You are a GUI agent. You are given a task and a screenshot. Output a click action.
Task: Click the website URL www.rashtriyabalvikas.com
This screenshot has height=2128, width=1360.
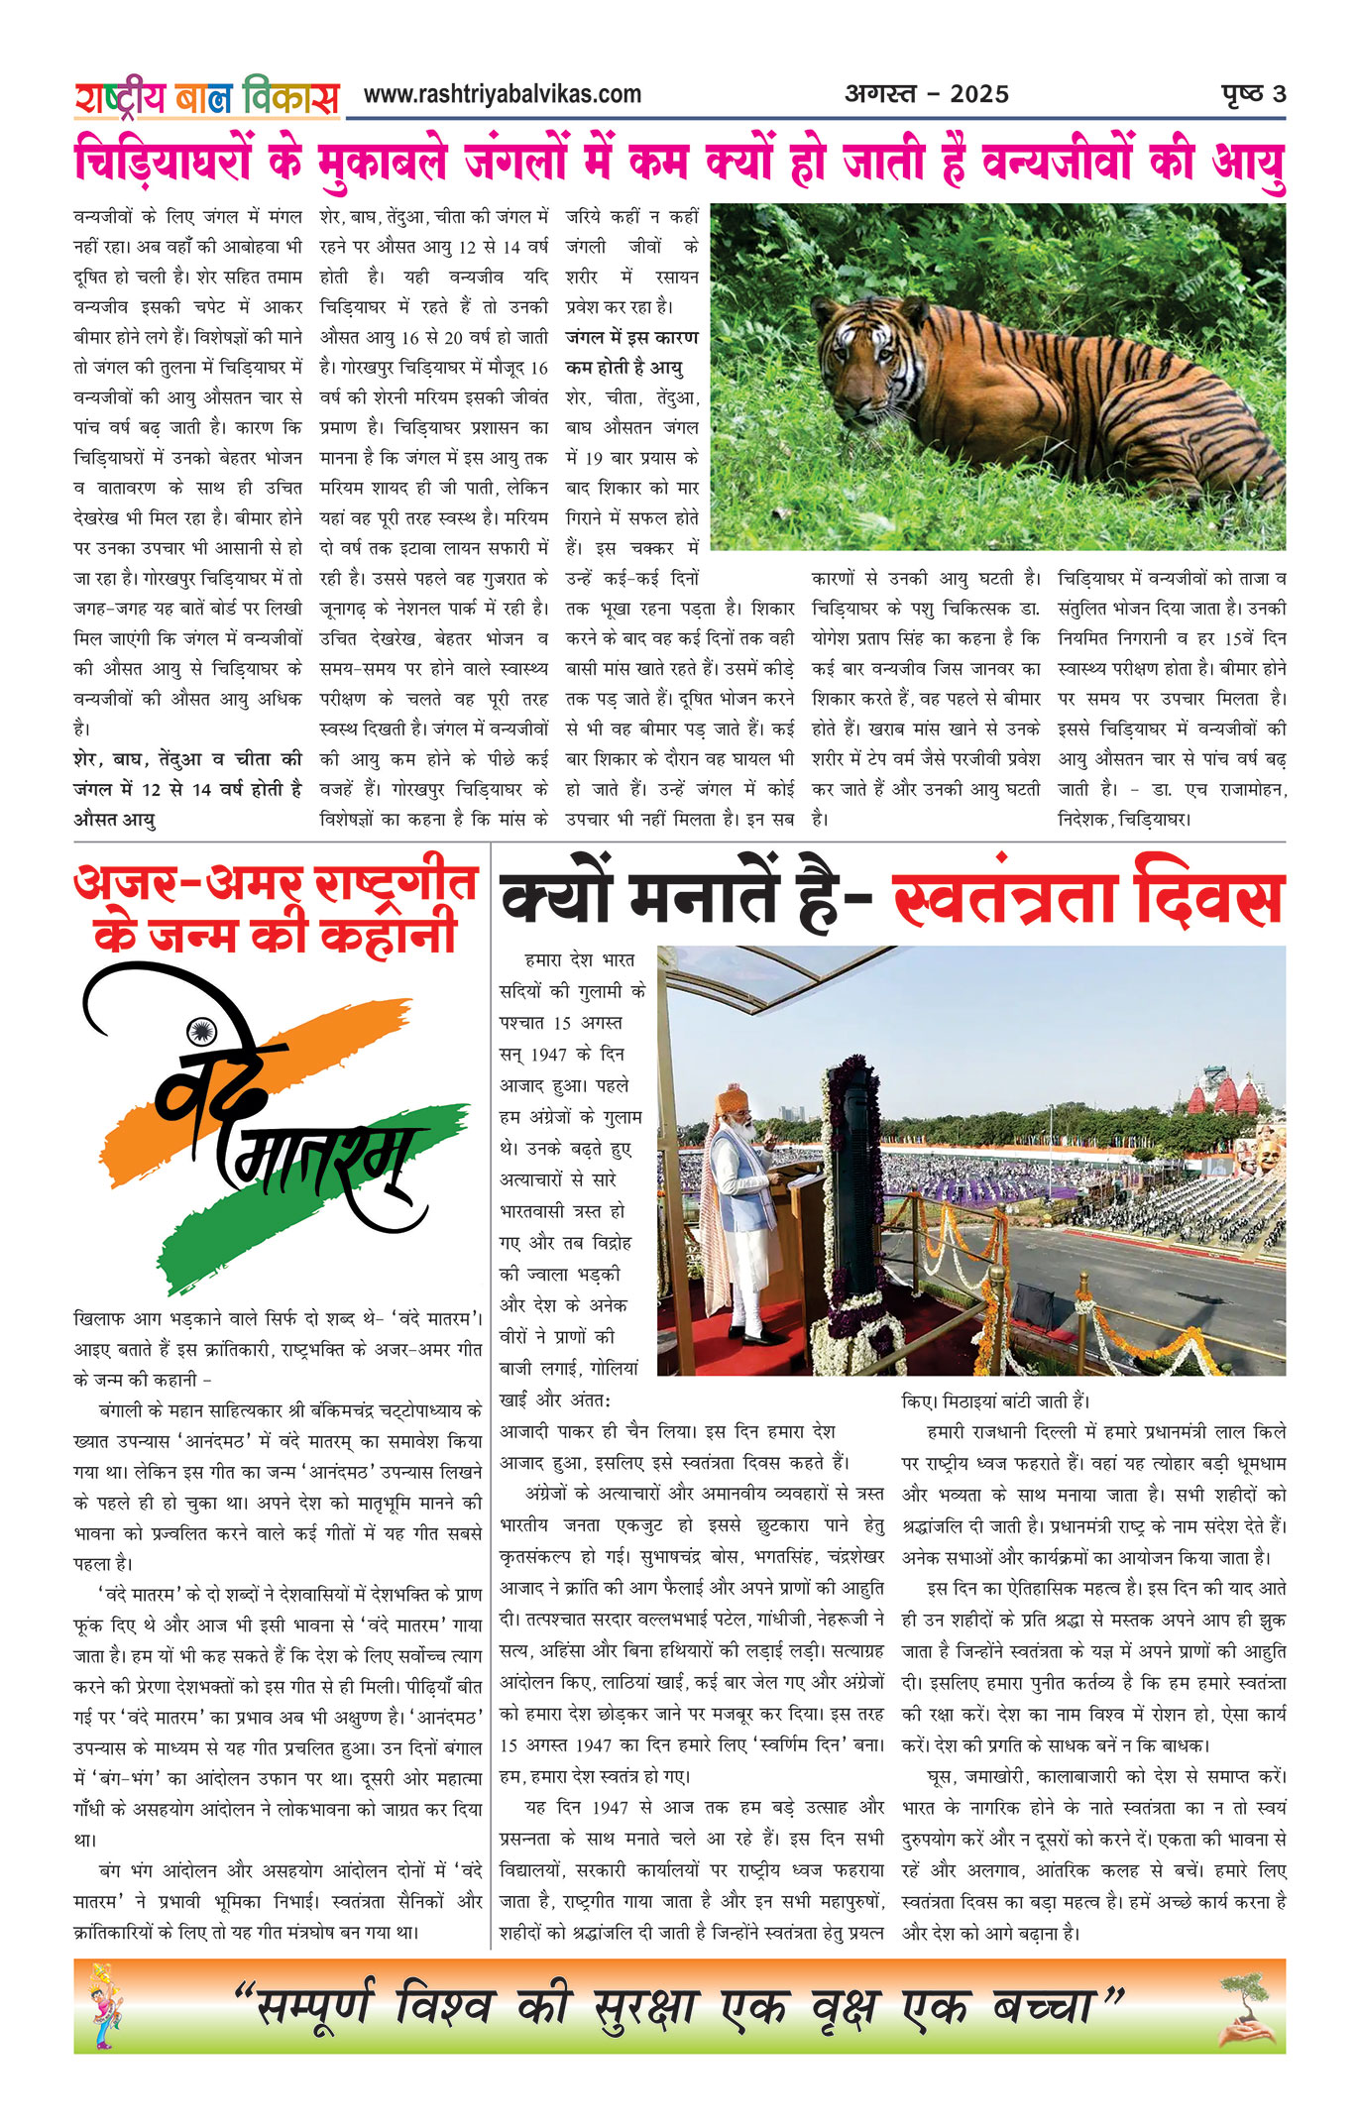tap(502, 95)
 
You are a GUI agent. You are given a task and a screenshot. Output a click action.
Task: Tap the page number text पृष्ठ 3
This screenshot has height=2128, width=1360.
tap(1253, 94)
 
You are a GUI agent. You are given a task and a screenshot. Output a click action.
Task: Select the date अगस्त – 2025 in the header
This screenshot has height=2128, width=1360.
tap(926, 95)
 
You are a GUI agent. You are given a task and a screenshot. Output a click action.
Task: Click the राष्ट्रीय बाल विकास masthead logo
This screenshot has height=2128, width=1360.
tap(206, 97)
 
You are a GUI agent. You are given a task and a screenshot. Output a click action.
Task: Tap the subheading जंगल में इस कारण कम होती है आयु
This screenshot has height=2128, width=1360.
tap(631, 352)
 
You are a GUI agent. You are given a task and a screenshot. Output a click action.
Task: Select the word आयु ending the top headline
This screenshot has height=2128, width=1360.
tap(1247, 165)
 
